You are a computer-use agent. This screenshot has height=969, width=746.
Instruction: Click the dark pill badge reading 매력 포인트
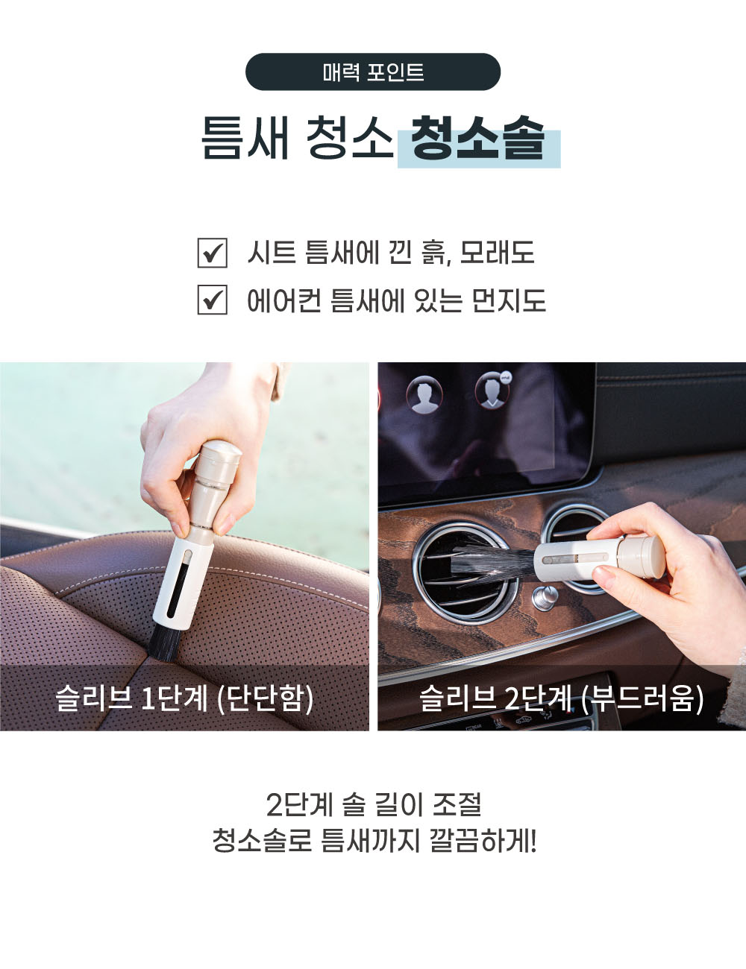point(373,72)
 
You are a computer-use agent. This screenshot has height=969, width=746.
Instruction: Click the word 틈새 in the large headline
point(245,138)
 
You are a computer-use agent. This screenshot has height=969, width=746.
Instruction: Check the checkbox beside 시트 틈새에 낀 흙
point(213,253)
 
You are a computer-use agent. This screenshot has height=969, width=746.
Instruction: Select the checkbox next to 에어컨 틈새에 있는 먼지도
point(213,300)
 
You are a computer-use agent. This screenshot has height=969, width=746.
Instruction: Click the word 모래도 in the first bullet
point(497,253)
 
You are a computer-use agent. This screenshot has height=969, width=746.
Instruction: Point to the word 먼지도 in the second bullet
point(509,299)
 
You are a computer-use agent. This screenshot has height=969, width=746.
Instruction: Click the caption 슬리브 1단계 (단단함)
point(184,698)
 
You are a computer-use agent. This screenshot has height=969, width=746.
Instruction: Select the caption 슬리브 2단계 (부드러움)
point(562,698)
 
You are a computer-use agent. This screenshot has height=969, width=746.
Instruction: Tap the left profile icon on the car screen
point(424,394)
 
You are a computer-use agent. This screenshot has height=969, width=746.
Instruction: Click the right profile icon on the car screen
point(493,391)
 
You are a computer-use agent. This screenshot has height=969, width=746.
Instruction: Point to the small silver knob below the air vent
point(543,598)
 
